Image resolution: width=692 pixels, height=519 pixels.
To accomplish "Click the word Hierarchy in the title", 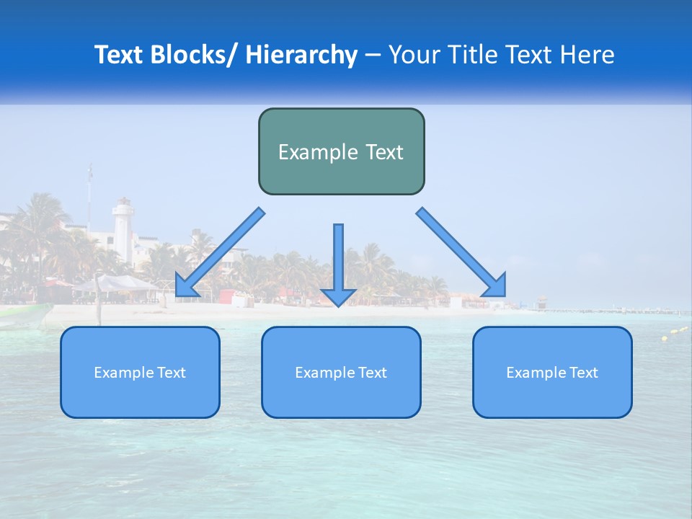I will point(301,55).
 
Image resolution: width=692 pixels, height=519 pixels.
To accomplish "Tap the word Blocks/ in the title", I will point(192,55).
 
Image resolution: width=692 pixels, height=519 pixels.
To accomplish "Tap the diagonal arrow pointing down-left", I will point(220,252).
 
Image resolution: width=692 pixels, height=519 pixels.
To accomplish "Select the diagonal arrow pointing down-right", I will point(461,252).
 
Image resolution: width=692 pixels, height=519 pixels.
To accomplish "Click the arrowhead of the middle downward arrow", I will point(338,296).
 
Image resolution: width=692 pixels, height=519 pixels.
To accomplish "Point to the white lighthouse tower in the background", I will point(123,231).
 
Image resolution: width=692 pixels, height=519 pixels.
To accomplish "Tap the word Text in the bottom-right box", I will point(584,373).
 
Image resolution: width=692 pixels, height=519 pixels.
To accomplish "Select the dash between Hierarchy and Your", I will point(373,55).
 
